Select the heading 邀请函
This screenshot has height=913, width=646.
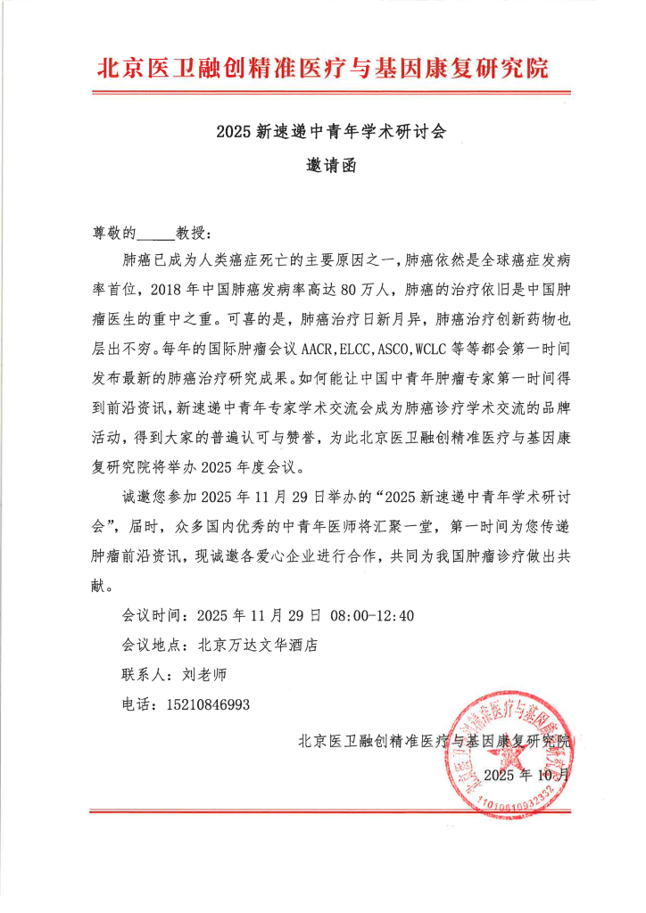(x=330, y=165)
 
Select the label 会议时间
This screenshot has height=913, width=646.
(x=149, y=615)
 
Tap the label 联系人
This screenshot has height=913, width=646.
(x=143, y=674)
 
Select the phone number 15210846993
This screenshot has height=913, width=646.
(x=208, y=703)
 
